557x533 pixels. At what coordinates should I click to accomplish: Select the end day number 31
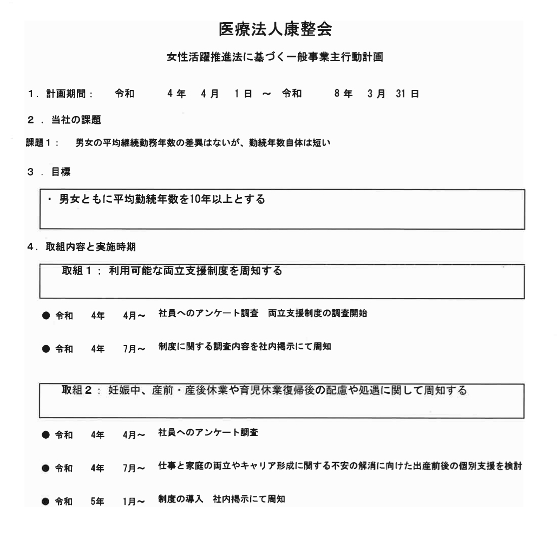pyautogui.click(x=406, y=94)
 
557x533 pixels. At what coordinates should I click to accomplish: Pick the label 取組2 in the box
pyautogui.click(x=80, y=391)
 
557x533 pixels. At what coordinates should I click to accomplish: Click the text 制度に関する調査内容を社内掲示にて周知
pyautogui.click(x=244, y=347)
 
